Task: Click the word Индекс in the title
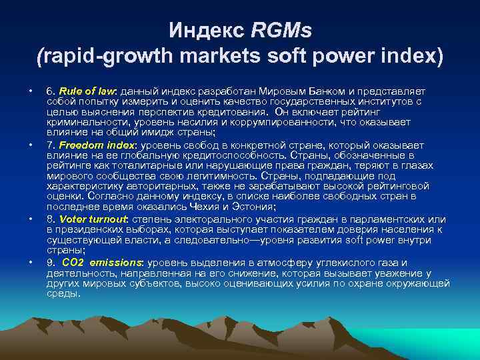[197, 29]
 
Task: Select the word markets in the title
[219, 56]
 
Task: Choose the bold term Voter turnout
[93, 219]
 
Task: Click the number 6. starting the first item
[50, 91]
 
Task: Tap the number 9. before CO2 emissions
[50, 263]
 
